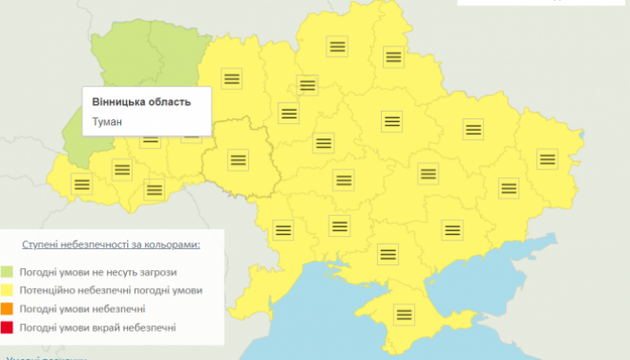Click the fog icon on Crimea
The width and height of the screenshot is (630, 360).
coord(405,314)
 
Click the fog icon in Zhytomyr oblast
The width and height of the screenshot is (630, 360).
coord(230,79)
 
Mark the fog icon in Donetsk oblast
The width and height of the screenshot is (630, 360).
coord(509,189)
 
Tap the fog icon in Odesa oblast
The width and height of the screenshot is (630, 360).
coord(281,228)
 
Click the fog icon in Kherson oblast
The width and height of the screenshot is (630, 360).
coord(387,253)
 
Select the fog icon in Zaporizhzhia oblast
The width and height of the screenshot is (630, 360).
coord(453,228)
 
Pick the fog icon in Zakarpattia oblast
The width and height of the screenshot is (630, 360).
coord(81,185)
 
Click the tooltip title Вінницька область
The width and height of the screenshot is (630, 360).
coord(141,101)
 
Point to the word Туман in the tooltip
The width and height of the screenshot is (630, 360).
coord(108,121)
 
